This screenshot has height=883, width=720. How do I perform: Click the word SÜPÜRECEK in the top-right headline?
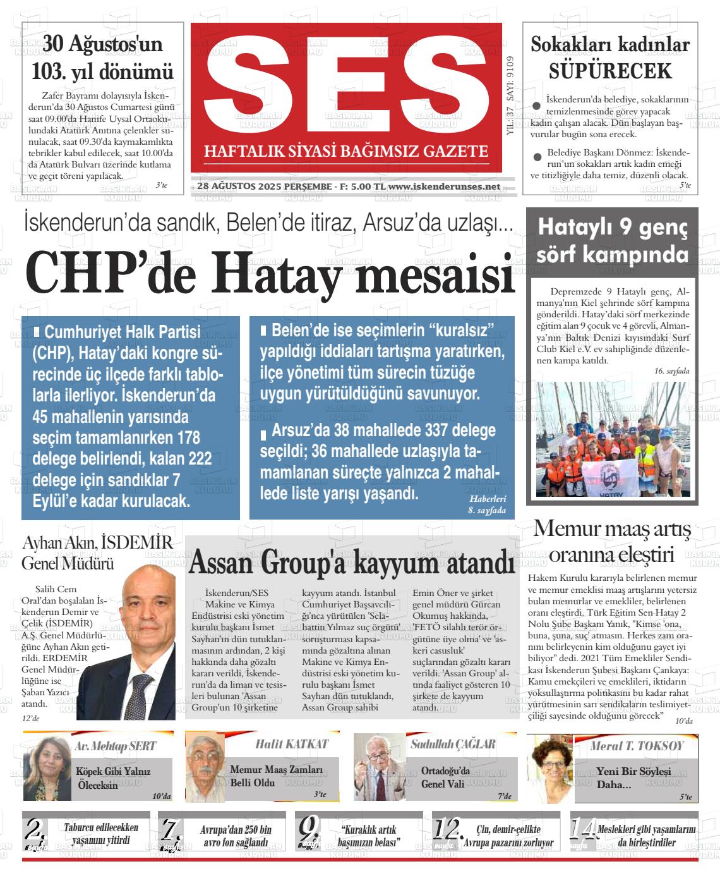tap(609, 71)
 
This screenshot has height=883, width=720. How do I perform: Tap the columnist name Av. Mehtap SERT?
tap(115, 746)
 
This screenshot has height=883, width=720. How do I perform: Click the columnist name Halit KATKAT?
tap(292, 744)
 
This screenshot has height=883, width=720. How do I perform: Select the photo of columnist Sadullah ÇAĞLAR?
tap(377, 767)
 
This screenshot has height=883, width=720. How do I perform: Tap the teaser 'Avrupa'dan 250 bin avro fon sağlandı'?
tap(234, 836)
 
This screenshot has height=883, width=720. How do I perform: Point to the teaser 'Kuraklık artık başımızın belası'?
tap(369, 836)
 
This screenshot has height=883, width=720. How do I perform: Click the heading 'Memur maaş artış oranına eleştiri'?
tap(611, 542)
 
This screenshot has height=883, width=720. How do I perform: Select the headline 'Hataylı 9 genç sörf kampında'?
tap(612, 241)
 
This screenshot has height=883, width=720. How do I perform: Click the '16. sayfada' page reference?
tap(671, 372)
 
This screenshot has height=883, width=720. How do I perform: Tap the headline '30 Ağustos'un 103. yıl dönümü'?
tap(103, 58)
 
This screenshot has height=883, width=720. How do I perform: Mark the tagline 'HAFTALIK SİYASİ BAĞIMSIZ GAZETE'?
tap(346, 151)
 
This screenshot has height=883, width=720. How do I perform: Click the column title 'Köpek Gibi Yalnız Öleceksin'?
tap(113, 778)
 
